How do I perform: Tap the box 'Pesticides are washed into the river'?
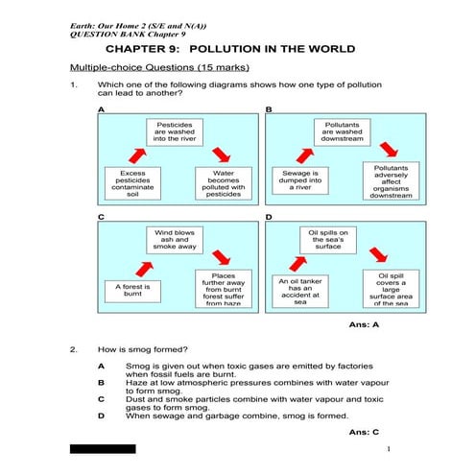tap(174, 131)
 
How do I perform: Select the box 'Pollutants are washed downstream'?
tap(342, 131)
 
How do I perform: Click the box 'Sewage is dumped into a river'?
tap(301, 181)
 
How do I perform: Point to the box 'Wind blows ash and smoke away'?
tap(174, 239)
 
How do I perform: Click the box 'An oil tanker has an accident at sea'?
tap(301, 290)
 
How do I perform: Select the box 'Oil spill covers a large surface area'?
tap(390, 290)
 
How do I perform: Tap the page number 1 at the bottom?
tap(387, 449)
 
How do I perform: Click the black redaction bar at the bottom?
tap(103, 449)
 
